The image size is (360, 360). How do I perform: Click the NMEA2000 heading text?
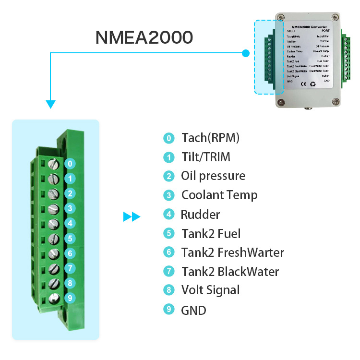144,37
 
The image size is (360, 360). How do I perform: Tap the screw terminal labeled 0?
54,163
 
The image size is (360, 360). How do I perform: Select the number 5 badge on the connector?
70,238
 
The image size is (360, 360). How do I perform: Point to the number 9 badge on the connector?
70,298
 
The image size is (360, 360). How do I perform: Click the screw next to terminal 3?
54,208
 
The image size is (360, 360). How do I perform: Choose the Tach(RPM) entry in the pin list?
210,138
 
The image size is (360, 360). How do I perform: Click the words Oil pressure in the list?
213,176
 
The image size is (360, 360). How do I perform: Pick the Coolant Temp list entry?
219,195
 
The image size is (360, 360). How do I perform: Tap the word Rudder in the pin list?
200,215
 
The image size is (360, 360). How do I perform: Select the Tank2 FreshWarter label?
233,252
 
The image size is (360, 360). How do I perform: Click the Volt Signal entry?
210,290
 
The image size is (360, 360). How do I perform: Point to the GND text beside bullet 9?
193,310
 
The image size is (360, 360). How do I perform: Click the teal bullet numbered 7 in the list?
168,272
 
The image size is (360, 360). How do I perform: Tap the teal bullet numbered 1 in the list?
168,157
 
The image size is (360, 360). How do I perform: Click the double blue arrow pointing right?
132,217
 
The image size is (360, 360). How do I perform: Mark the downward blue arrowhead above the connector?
50,104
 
